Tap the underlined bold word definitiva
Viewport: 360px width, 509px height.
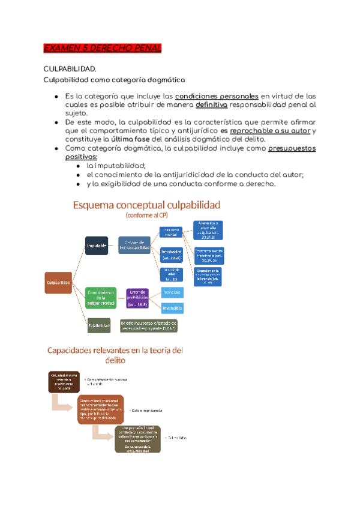tap(211, 104)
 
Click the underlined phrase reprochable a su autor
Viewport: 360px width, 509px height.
tap(270, 130)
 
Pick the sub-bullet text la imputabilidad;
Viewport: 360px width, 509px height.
tap(116, 166)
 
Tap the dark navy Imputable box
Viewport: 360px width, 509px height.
tap(97, 246)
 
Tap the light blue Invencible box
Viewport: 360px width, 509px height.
tap(172, 308)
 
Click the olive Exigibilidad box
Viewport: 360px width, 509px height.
tap(99, 327)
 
